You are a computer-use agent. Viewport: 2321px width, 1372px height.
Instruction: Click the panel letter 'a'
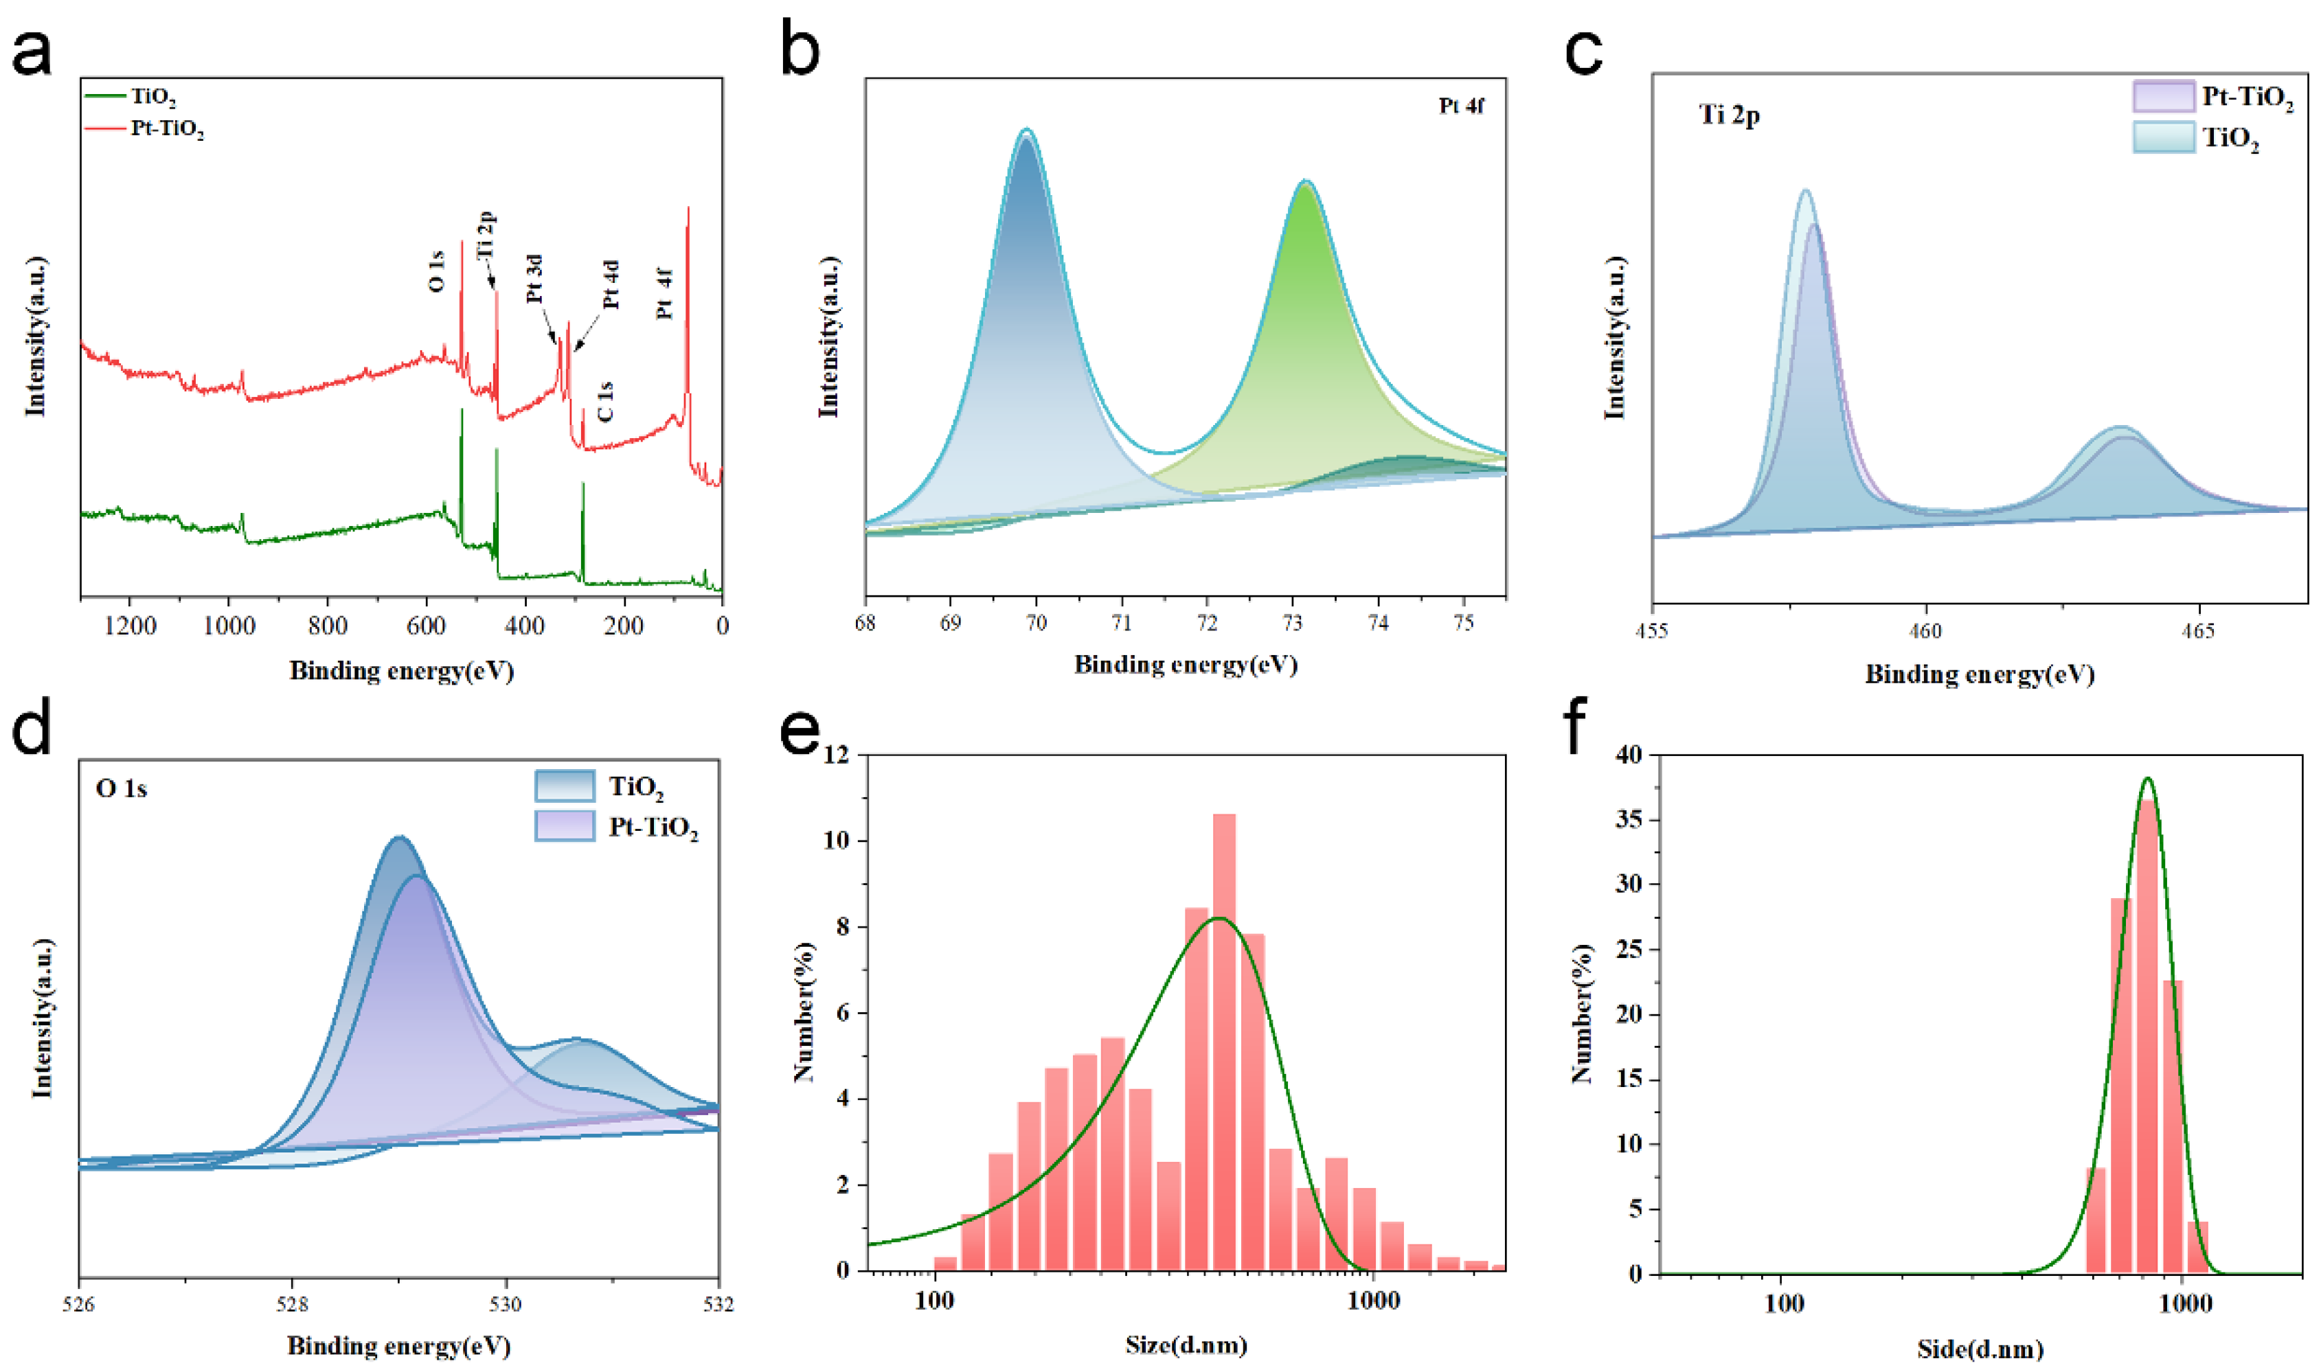[32, 54]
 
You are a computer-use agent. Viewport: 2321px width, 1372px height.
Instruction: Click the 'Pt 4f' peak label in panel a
[665, 294]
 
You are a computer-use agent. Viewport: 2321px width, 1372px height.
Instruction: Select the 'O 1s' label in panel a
[436, 272]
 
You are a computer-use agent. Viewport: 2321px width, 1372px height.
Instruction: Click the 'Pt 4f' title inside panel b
[1461, 106]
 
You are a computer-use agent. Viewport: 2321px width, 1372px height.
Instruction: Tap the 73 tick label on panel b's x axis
[1293, 623]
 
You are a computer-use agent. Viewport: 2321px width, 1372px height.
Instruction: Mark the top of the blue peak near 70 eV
[1026, 133]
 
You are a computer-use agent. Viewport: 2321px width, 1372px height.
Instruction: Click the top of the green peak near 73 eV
[1306, 183]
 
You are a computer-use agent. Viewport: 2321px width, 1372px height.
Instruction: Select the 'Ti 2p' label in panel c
[1729, 115]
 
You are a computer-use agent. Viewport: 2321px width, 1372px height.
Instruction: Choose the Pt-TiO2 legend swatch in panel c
[2163, 96]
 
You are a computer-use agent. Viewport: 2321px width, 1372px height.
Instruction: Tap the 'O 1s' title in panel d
[121, 788]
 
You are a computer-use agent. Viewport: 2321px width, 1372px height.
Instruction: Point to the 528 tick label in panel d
[292, 1305]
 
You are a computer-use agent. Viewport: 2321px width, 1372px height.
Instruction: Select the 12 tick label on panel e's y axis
[836, 755]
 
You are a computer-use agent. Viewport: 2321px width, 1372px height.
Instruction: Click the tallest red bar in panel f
[2147, 1036]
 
